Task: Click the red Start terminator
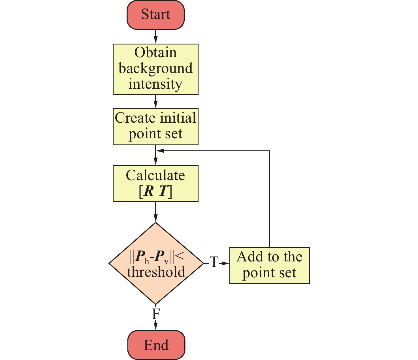click(x=155, y=15)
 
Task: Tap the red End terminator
click(x=156, y=345)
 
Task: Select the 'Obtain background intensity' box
click(x=155, y=69)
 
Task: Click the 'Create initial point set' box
click(x=155, y=127)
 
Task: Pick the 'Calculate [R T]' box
click(x=155, y=184)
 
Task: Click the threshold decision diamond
click(x=156, y=263)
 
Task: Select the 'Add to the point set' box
click(x=269, y=265)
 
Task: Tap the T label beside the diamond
click(x=214, y=263)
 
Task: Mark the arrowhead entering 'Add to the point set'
click(x=225, y=263)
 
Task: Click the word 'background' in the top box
click(x=155, y=69)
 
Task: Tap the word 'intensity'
click(x=155, y=84)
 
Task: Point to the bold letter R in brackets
click(x=149, y=192)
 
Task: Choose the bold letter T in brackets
click(x=163, y=192)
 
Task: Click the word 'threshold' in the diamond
click(x=156, y=272)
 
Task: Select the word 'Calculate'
click(x=155, y=176)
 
